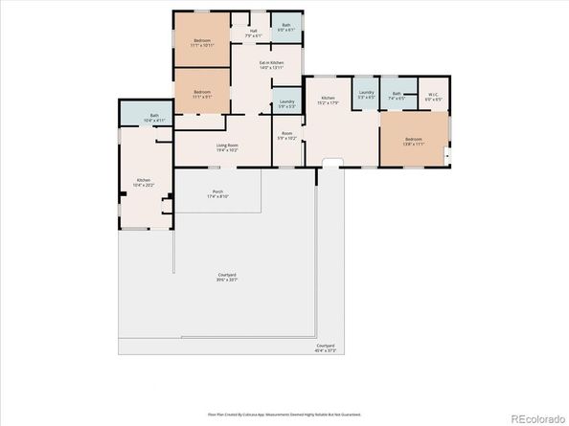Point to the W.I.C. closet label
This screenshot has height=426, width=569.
[433, 96]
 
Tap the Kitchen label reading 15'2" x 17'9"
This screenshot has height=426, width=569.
[329, 101]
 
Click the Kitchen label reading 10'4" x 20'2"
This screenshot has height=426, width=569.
[143, 183]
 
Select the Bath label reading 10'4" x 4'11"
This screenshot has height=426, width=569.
[154, 119]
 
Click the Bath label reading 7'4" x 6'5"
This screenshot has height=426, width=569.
[398, 96]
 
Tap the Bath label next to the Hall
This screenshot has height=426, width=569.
[285, 29]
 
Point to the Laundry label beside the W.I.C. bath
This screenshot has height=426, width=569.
[365, 96]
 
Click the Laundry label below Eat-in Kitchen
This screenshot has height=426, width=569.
[285, 103]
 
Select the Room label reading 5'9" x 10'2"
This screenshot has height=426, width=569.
[286, 137]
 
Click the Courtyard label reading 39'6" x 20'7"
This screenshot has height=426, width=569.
[226, 278]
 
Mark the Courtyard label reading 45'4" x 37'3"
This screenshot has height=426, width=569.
[326, 348]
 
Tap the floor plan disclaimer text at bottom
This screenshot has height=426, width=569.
[284, 415]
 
